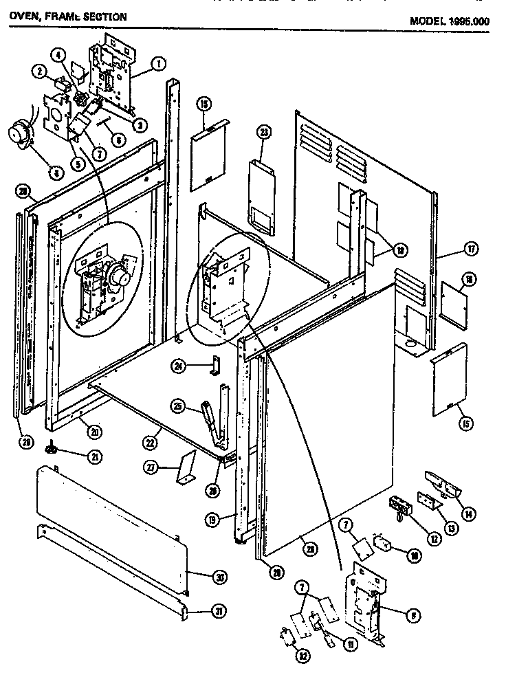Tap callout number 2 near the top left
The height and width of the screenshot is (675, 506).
click(x=41, y=71)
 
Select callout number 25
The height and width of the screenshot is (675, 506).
click(x=179, y=408)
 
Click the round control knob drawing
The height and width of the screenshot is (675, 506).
click(x=19, y=134)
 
